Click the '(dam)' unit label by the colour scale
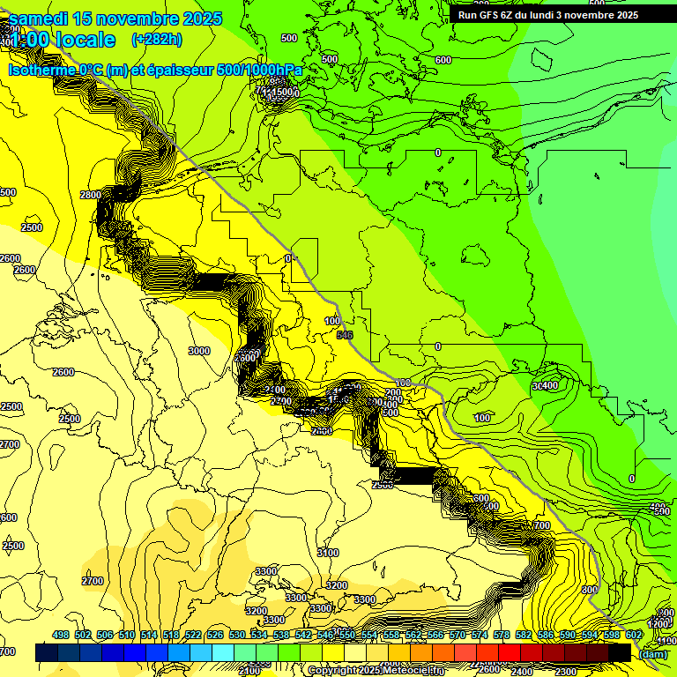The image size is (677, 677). (x=653, y=653)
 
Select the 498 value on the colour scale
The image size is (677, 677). (x=61, y=635)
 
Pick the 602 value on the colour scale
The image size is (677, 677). (x=634, y=635)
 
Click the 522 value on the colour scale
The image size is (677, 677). (x=193, y=635)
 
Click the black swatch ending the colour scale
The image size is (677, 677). (x=620, y=652)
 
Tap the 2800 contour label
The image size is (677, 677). (x=90, y=195)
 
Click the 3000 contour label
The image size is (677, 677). (x=199, y=351)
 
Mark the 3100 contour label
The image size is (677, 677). (x=327, y=553)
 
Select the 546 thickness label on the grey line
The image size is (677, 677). (x=344, y=335)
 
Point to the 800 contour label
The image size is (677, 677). (x=589, y=590)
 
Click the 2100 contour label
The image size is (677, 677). (x=249, y=671)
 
